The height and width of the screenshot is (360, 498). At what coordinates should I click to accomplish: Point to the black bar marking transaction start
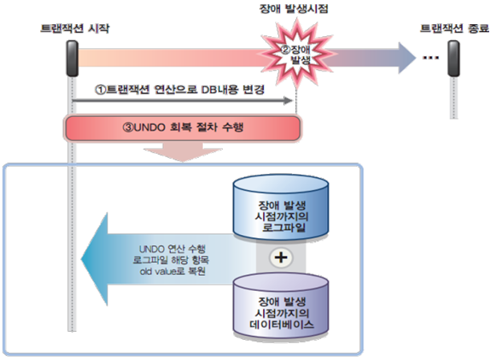pos(71,55)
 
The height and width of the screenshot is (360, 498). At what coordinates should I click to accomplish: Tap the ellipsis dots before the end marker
pos(430,58)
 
